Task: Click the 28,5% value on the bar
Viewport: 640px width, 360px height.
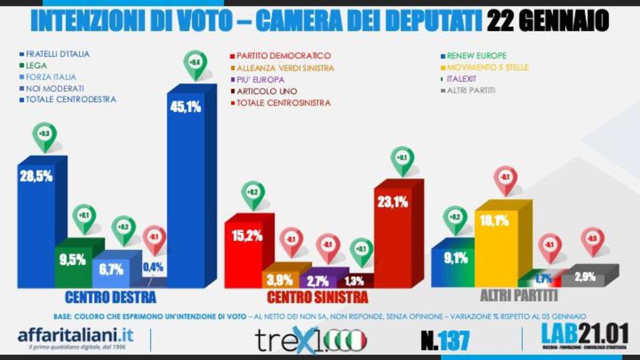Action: point(36,177)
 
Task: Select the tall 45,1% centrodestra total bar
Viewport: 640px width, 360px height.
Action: point(186,192)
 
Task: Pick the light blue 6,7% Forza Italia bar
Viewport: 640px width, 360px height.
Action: point(110,271)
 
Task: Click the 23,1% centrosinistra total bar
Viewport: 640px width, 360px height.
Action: point(393,235)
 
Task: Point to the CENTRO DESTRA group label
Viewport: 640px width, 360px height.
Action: point(110,297)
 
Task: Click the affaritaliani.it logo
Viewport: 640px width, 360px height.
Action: point(76,338)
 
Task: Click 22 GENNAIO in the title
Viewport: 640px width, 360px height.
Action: point(548,21)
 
